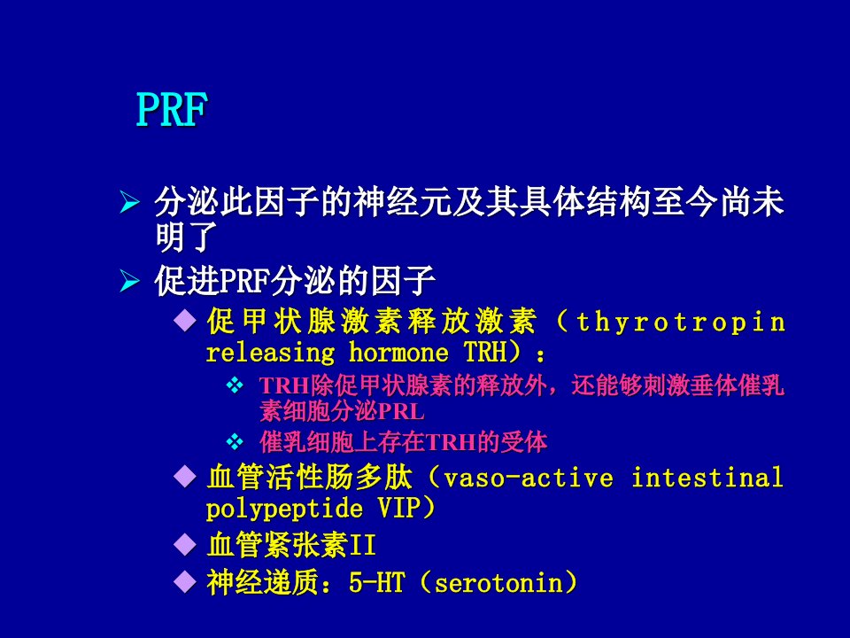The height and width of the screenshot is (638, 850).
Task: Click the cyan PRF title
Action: [x=172, y=109]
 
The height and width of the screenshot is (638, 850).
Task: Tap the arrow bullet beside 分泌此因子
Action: [x=129, y=202]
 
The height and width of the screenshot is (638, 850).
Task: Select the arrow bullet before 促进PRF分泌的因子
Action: [x=129, y=281]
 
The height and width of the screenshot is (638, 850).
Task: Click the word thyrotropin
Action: [x=681, y=323]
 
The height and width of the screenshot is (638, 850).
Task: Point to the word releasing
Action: [x=271, y=354]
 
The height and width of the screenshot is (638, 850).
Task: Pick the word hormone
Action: [x=398, y=353]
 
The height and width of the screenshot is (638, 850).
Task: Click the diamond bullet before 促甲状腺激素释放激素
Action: [x=185, y=321]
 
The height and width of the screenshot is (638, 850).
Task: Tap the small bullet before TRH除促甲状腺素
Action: [x=235, y=385]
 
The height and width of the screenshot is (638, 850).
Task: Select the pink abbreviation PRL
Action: [x=401, y=412]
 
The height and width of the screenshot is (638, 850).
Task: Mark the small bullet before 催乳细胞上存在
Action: [x=235, y=442]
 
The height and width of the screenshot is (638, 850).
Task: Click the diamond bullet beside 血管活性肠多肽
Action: [x=185, y=477]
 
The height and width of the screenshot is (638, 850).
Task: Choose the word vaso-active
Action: [x=529, y=478]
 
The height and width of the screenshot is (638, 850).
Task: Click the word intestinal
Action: [x=707, y=478]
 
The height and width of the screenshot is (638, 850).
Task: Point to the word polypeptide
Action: [x=284, y=510]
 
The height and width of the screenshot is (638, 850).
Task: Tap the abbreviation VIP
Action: [x=398, y=509]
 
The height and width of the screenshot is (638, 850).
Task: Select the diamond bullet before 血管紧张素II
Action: [x=185, y=544]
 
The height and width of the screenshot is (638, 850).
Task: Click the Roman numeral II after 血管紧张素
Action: [x=363, y=545]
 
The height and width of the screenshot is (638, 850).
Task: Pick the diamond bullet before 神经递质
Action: [x=185, y=581]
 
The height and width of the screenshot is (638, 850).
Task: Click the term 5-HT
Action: [x=377, y=583]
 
